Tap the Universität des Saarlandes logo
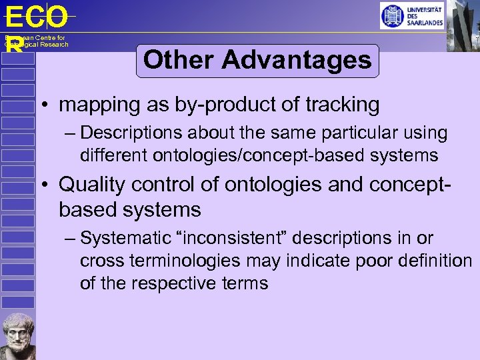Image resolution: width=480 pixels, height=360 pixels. click(x=412, y=15)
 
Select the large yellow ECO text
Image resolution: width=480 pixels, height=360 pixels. click(x=36, y=17)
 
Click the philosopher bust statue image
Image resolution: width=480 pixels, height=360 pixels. click(x=17, y=335)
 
